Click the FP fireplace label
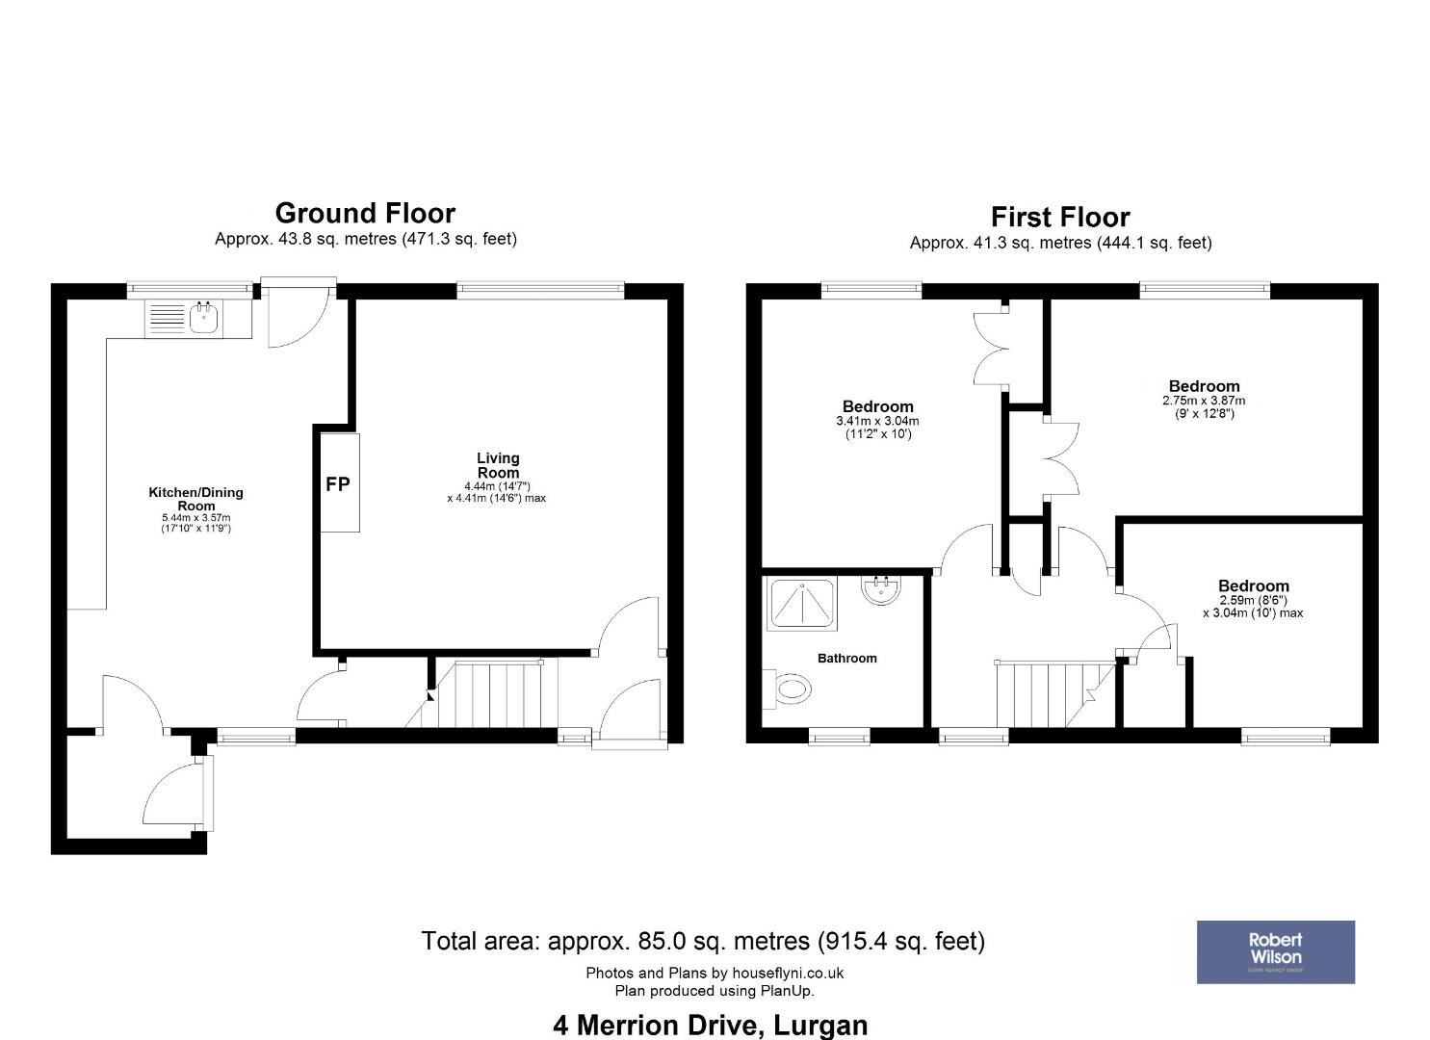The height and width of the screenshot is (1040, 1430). pos(338,484)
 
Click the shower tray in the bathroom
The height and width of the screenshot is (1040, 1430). pos(802,604)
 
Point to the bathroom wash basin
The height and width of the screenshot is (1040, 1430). pos(881,588)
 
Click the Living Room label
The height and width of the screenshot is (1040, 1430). pos(498,465)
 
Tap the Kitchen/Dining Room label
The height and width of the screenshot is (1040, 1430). pos(196,499)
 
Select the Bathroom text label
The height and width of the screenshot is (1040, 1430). pos(847,659)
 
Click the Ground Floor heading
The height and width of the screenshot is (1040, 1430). pos(365,213)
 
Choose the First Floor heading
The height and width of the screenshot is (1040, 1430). pos(1060,217)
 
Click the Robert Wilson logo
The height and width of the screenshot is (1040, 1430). pos(1276,952)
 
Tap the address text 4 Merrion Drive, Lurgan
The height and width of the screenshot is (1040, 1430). pos(711,1026)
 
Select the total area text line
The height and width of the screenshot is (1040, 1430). pos(704,941)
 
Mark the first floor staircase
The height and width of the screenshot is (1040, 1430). pos(1056,694)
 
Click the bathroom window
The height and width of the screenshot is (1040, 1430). pos(840,737)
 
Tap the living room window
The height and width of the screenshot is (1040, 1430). pos(541,291)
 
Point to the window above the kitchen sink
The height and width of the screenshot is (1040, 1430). pos(190,291)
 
